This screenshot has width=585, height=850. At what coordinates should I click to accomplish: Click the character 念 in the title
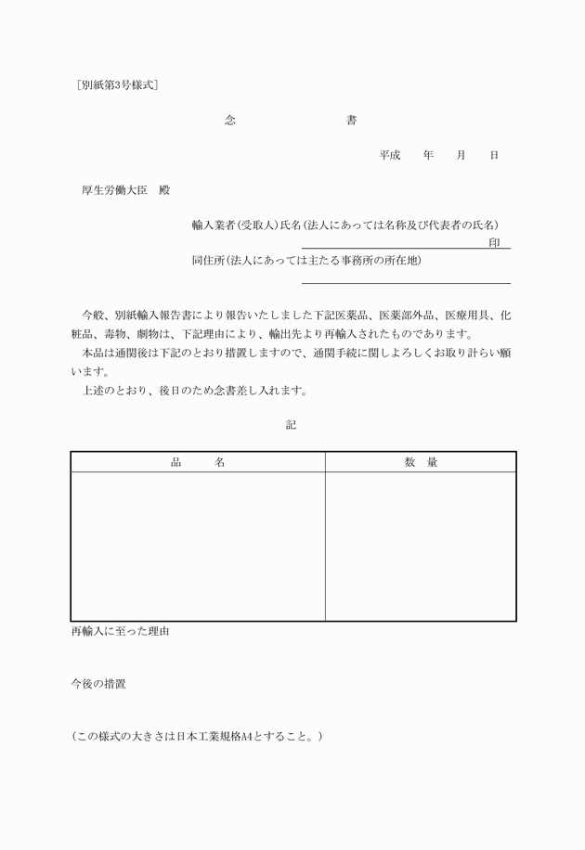(230, 121)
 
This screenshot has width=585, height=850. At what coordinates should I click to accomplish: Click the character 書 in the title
(350, 121)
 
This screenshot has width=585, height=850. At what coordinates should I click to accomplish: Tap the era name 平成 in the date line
(389, 155)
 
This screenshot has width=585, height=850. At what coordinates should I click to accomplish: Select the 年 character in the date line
(428, 155)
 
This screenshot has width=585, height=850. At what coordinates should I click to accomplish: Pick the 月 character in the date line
(461, 155)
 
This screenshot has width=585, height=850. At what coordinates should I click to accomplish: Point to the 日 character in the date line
(494, 155)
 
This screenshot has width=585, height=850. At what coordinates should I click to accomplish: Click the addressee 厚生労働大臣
(115, 191)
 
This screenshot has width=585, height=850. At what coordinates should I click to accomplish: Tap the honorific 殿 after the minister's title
(164, 191)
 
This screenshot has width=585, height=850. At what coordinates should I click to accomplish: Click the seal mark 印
(494, 242)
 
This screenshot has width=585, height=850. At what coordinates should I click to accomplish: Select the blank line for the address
(406, 283)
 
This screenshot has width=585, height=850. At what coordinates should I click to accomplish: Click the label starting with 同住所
(306, 261)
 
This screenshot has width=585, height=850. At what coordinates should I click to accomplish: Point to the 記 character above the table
(292, 424)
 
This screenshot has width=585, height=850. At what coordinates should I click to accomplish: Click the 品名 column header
(198, 462)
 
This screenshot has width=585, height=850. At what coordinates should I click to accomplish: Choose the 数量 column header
(421, 462)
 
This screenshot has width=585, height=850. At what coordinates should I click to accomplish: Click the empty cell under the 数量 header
(421, 546)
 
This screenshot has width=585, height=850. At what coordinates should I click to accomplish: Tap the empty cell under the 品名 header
(198, 546)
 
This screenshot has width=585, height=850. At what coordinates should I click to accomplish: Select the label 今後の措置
(98, 684)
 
